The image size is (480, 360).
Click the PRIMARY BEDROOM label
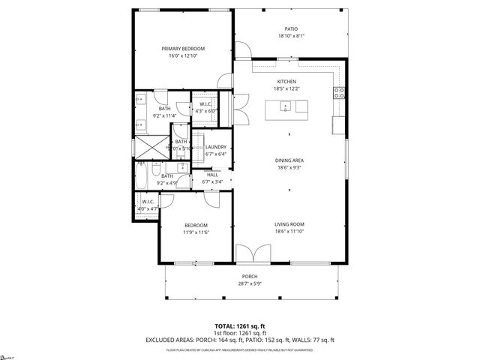[x=183, y=49]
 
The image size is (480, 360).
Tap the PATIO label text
[x=292, y=29]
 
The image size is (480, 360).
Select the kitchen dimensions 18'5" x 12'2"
[x=287, y=88]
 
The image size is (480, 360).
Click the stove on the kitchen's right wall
[x=339, y=93]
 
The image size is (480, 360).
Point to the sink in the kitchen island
[x=286, y=107]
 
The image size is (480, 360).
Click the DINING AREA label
[x=288, y=160]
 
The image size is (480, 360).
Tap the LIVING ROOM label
[x=288, y=224]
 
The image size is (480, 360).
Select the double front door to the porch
[x=251, y=256]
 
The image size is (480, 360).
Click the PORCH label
[x=250, y=277]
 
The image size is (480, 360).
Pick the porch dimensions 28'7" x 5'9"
[x=250, y=283]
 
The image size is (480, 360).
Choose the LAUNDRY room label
[x=216, y=147]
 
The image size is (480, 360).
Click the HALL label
[x=213, y=174]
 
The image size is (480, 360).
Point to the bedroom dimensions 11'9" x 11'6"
[x=196, y=232]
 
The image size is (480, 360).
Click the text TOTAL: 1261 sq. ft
[x=240, y=326]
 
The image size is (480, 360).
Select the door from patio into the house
[x=241, y=50]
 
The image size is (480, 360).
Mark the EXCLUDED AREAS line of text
[x=240, y=340]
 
